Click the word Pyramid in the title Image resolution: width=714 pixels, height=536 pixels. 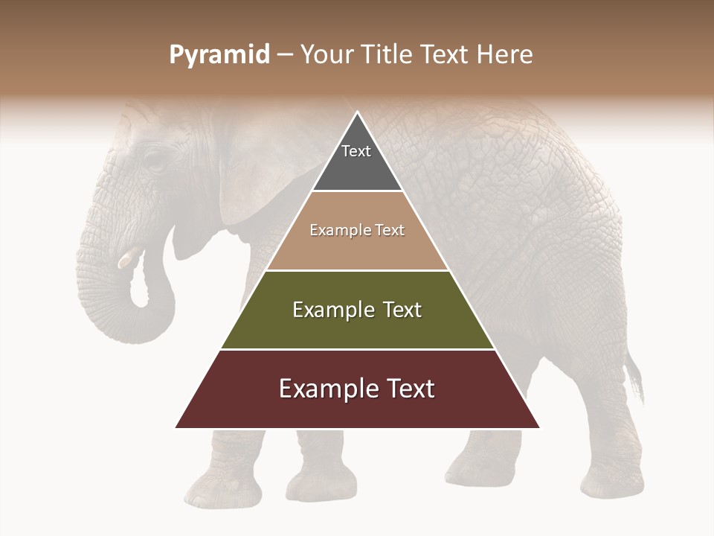click(219, 55)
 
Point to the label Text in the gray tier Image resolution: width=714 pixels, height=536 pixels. click(356, 151)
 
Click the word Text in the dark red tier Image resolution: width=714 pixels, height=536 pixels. click(405, 389)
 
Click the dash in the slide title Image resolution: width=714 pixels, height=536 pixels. click(285, 55)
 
